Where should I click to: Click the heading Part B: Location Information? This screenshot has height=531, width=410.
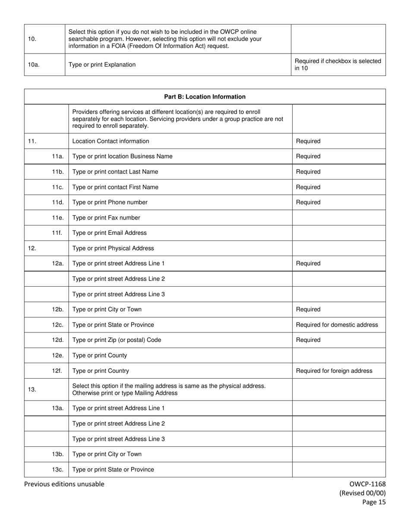[x=205, y=97]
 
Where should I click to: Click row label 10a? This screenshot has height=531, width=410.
[x=34, y=65]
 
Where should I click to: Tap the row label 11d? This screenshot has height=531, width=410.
[x=58, y=202]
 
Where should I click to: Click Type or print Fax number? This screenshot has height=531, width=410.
[x=106, y=218]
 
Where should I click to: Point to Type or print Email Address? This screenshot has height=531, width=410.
[x=110, y=233]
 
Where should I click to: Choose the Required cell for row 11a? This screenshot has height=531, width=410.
[x=308, y=156]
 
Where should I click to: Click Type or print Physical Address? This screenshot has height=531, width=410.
[x=113, y=248]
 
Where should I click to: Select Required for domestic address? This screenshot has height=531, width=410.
[x=337, y=325]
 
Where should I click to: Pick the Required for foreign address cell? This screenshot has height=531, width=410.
[x=334, y=371]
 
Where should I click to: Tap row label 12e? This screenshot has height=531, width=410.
[x=58, y=355]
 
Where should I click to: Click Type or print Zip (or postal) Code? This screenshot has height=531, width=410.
[x=117, y=340]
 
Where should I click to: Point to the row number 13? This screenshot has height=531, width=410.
[x=32, y=389]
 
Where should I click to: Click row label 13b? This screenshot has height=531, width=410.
[x=58, y=454]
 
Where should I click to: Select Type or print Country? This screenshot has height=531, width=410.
[x=101, y=371]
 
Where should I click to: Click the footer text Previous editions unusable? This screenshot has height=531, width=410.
[x=64, y=484]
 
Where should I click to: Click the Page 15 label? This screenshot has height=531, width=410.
[x=374, y=502]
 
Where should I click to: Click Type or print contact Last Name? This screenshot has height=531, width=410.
[x=115, y=172]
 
